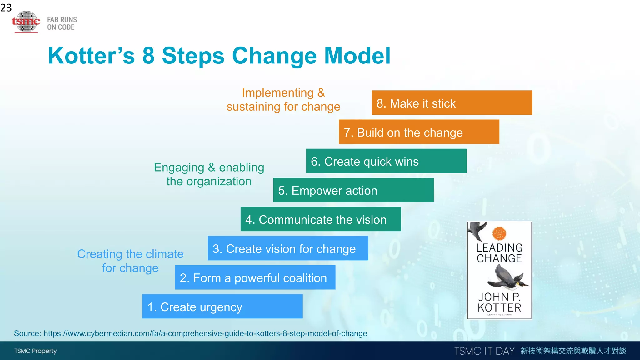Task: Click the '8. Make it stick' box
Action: pos(452,103)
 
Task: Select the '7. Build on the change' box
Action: pos(419,132)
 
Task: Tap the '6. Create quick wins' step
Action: pos(386,161)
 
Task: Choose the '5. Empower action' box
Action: pos(353,190)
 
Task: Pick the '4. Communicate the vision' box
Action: pos(320,219)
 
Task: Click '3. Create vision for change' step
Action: pos(287,248)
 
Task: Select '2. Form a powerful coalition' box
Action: pos(255,277)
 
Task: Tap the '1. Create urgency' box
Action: pos(222,306)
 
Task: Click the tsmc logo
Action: pos(26,22)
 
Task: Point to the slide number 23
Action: pos(6,7)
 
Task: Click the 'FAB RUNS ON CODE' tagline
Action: pos(62,23)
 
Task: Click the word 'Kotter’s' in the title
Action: pos(91,56)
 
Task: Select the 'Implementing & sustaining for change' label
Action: pos(283,100)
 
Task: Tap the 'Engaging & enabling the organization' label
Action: pos(209,174)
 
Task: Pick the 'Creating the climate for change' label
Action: pos(130,261)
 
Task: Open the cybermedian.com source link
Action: pos(205,333)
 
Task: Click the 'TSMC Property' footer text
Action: pos(35,351)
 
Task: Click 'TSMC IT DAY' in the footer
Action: pos(484,351)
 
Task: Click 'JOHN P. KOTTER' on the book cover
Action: pos(499,302)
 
